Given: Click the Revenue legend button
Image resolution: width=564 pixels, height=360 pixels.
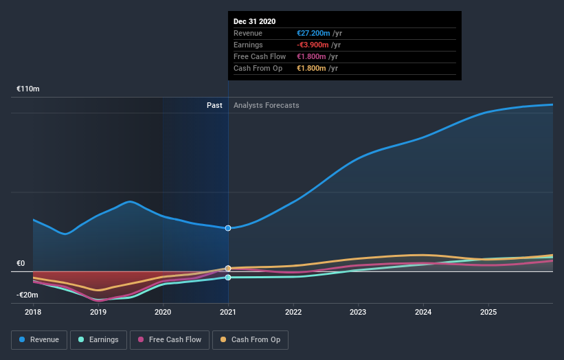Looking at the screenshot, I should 39,339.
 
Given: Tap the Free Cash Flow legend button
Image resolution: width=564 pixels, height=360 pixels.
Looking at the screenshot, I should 169,339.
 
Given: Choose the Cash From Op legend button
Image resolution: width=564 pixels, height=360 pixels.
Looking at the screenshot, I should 251,339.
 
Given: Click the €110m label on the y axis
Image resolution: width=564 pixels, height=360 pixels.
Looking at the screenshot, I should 28,89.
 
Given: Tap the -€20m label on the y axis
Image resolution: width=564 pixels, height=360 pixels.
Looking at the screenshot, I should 28,295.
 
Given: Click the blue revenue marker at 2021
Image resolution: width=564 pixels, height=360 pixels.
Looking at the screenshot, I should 228,228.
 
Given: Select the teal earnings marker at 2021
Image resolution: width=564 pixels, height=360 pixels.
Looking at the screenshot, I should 228,278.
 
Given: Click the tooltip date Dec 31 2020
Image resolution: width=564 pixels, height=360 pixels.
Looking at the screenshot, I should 254,21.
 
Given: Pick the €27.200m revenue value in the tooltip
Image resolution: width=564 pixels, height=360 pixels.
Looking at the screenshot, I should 311,33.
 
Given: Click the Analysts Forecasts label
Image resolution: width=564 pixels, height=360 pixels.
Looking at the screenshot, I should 267,105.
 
